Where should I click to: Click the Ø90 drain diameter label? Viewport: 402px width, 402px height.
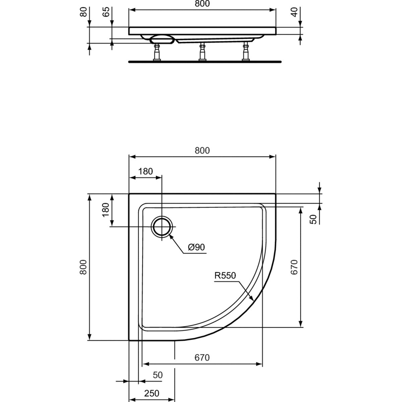click(x=196, y=247)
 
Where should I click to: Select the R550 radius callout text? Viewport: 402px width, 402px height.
click(x=225, y=276)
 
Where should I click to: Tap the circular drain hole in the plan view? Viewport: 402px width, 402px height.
click(x=162, y=226)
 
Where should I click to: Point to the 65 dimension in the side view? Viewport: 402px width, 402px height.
click(x=106, y=12)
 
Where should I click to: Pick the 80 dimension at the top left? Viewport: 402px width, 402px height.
click(x=83, y=12)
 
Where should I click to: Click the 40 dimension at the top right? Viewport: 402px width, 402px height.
click(x=294, y=12)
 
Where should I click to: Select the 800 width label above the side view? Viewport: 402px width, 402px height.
click(x=202, y=4)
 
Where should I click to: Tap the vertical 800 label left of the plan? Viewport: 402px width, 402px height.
click(x=83, y=267)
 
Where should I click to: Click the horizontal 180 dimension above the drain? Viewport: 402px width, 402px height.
click(x=146, y=171)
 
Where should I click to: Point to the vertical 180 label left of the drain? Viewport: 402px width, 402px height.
click(x=106, y=210)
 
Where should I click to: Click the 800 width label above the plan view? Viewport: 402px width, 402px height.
click(x=202, y=150)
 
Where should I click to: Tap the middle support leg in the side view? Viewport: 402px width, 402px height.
click(x=202, y=52)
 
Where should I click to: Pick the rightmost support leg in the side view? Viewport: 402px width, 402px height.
click(x=245, y=51)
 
